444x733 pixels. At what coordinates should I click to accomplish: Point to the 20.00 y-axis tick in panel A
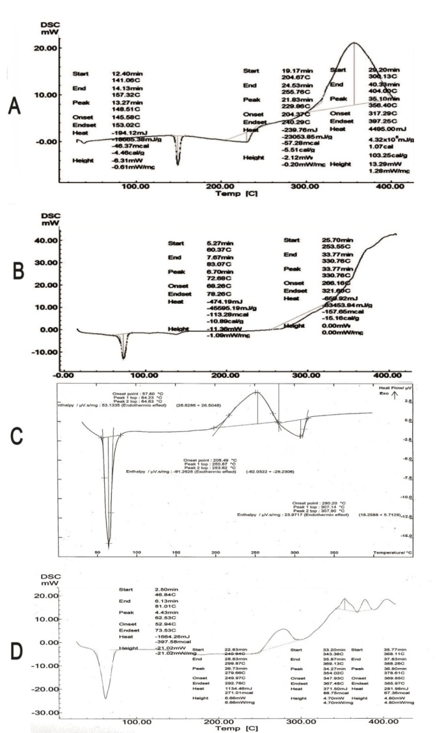(43, 48)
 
